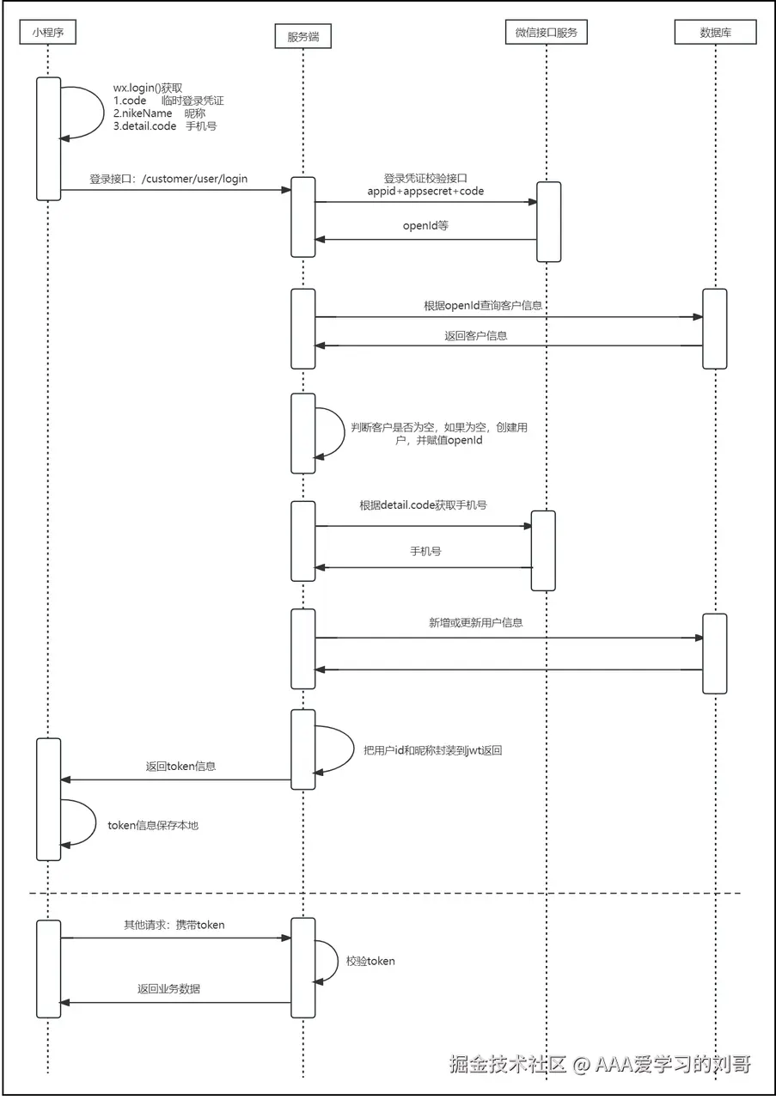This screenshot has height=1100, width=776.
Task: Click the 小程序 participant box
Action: pos(48,33)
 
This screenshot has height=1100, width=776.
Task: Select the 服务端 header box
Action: pos(302,36)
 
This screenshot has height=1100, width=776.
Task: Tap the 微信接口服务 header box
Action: pos(546,33)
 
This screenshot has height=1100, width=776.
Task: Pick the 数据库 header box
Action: pos(715,33)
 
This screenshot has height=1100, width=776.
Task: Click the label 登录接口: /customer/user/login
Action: pos(168,179)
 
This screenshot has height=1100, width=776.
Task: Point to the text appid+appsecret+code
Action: pos(425,191)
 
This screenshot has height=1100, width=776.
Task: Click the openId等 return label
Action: pos(425,227)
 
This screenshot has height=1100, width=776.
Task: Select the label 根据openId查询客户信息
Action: pos(483,305)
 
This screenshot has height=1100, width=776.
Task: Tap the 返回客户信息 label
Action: pos(475,335)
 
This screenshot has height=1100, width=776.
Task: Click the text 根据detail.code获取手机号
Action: pos(423,504)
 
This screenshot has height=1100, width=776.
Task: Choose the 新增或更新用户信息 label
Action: pos(475,622)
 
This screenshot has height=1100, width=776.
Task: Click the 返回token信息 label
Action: pos(180,766)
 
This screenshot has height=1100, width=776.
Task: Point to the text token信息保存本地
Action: pos(153,825)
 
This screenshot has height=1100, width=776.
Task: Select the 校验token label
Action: pos(370,961)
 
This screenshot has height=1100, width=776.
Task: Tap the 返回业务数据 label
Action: pos(168,989)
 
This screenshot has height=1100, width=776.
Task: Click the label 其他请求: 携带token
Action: pos(174,925)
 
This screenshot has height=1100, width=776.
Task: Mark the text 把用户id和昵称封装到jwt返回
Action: pos(432,750)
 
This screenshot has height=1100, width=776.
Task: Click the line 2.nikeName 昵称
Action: pos(159,113)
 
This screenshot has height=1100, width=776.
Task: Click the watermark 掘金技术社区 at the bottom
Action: pos(507,1064)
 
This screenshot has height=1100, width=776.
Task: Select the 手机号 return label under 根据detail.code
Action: pos(425,550)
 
